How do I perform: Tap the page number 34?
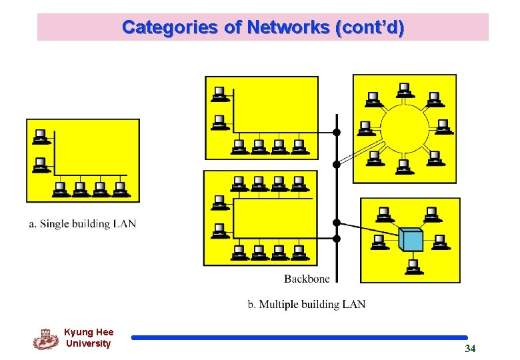[x=470, y=349]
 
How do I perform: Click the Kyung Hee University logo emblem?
[x=45, y=339]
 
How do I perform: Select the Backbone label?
[x=306, y=278]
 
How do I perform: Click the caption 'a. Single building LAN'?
[x=82, y=224]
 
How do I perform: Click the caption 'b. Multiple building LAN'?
[x=307, y=305]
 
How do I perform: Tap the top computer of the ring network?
[x=403, y=89]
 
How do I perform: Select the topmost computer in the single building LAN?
[x=41, y=137]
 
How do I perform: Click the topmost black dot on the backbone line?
[x=337, y=132]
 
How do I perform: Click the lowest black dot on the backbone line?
[x=337, y=238]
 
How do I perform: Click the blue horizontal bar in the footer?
[x=299, y=338]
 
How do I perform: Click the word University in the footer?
[x=89, y=344]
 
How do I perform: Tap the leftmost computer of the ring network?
[x=365, y=127]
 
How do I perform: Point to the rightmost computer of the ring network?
[x=442, y=127]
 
